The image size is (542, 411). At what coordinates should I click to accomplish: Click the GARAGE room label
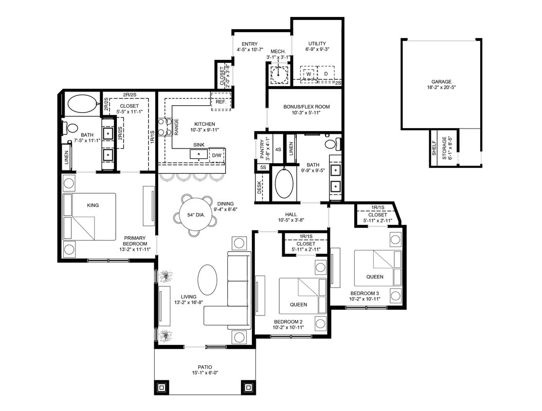coord(440,82)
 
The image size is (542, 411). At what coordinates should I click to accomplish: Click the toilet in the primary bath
coord(71,129)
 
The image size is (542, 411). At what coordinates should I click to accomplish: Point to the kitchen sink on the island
coord(199,154)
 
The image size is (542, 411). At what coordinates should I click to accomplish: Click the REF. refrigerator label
coord(217,102)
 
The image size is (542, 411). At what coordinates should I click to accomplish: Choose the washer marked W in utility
coord(308,74)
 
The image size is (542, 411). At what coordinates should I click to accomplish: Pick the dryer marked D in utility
coord(326,74)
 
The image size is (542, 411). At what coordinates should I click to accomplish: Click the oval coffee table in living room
coord(207,280)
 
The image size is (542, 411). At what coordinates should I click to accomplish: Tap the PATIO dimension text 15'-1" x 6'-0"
coord(205,374)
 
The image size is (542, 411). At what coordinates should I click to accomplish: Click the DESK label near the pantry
coord(259,187)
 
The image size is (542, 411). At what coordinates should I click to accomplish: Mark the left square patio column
coord(161,388)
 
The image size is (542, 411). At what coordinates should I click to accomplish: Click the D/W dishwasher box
coord(217,155)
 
